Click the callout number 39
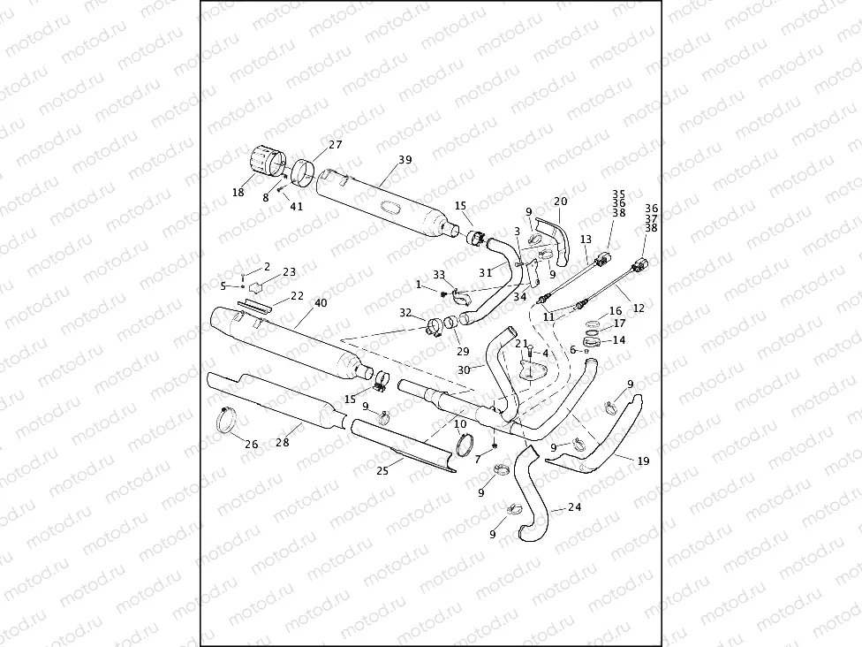[405, 160]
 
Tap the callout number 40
[321, 303]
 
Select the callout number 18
[238, 192]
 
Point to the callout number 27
[336, 144]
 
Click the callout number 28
[284, 441]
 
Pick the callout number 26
[252, 445]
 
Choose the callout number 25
[382, 471]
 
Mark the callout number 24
[575, 507]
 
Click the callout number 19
[642, 461]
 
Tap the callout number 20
[561, 202]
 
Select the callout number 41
[297, 207]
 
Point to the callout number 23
[289, 272]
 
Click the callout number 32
[405, 313]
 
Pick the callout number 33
[439, 274]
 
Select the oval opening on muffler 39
[389, 207]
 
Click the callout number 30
[465, 370]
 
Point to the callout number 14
[618, 339]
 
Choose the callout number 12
[639, 308]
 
